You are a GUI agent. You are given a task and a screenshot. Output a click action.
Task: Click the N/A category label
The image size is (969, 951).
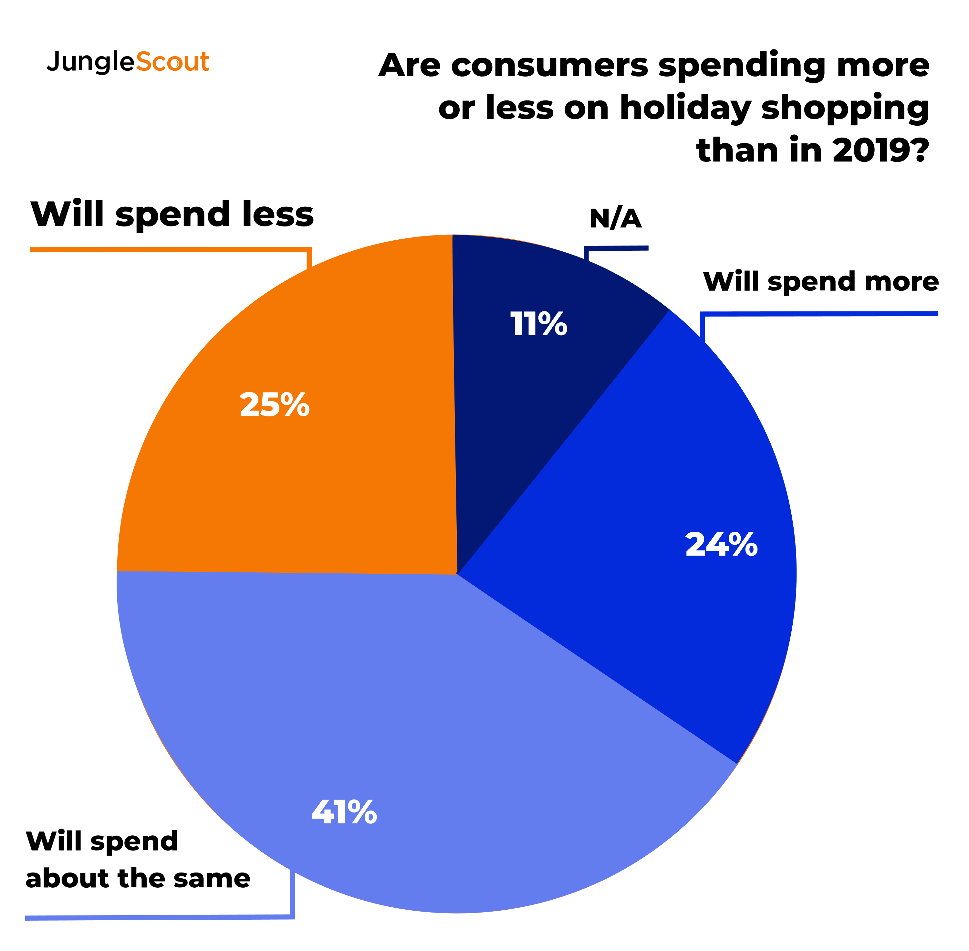click(x=615, y=219)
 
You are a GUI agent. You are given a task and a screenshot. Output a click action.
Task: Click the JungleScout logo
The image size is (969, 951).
click(x=128, y=62)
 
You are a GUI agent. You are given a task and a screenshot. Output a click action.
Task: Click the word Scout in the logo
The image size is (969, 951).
click(x=172, y=62)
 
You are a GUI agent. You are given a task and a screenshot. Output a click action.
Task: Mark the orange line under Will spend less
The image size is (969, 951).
click(x=170, y=249)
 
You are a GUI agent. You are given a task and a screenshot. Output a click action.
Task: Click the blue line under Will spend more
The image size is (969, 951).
click(x=819, y=314)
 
